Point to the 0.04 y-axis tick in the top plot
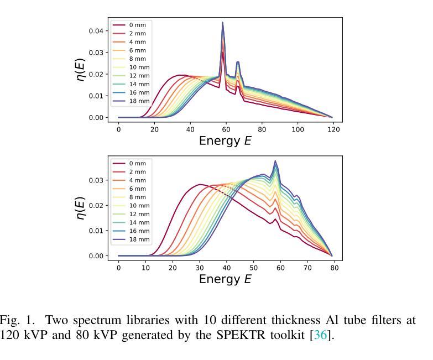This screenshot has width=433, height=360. pyautogui.click(x=96, y=31)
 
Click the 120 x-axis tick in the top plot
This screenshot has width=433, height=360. pyautogui.click(x=332, y=129)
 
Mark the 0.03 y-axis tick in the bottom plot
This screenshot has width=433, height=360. pyautogui.click(x=96, y=180)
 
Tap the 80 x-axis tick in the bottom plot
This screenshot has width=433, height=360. pyautogui.click(x=332, y=267)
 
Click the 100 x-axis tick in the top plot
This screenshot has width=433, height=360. pyautogui.click(x=298, y=129)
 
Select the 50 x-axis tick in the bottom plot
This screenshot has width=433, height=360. pyautogui.click(x=253, y=267)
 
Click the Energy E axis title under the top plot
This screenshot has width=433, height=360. pyautogui.click(x=225, y=140)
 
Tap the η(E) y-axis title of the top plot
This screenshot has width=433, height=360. pyautogui.click(x=81, y=70)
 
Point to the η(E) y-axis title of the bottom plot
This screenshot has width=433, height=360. pyautogui.click(x=81, y=208)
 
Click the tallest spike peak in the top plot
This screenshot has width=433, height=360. pyautogui.click(x=223, y=23)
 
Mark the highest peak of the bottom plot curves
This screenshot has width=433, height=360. pyautogui.click(x=275, y=161)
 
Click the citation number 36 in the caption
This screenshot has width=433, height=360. pyautogui.click(x=321, y=335)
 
